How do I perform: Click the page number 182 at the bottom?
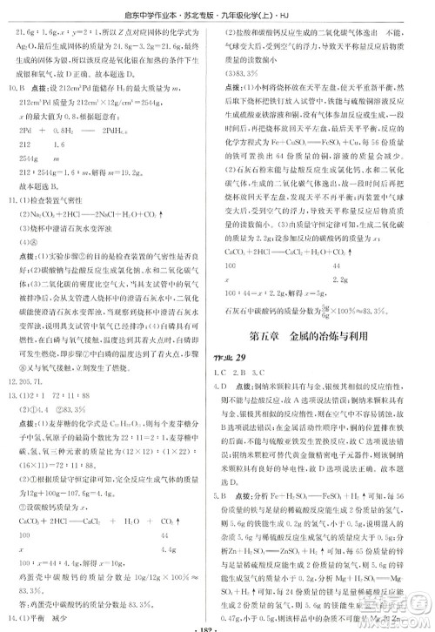point(217,625)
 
